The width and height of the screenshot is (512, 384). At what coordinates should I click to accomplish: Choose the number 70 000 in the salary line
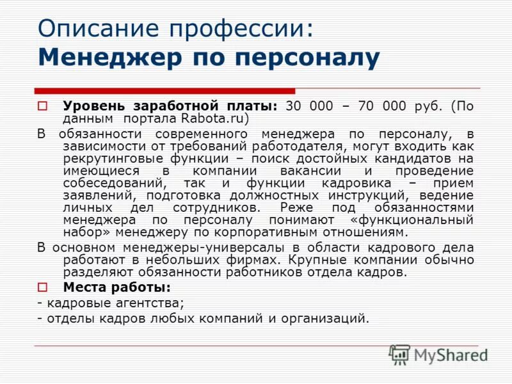pyautogui.click(x=384, y=106)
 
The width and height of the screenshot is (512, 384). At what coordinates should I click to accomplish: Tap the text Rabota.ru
pyautogui.click(x=214, y=118)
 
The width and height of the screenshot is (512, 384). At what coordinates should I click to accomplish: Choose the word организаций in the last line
pyautogui.click(x=326, y=317)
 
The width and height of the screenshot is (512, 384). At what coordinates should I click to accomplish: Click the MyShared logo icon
pyautogui.click(x=399, y=354)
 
